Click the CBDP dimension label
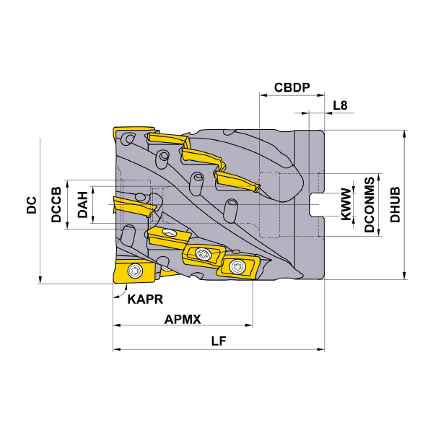click(292, 87)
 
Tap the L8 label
click(340, 105)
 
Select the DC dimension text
click(32, 205)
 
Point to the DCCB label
click(56, 205)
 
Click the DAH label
click(82, 205)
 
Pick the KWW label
click(346, 205)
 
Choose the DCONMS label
click(369, 205)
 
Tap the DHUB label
click(395, 205)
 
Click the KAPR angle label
click(145, 299)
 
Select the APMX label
click(183, 320)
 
